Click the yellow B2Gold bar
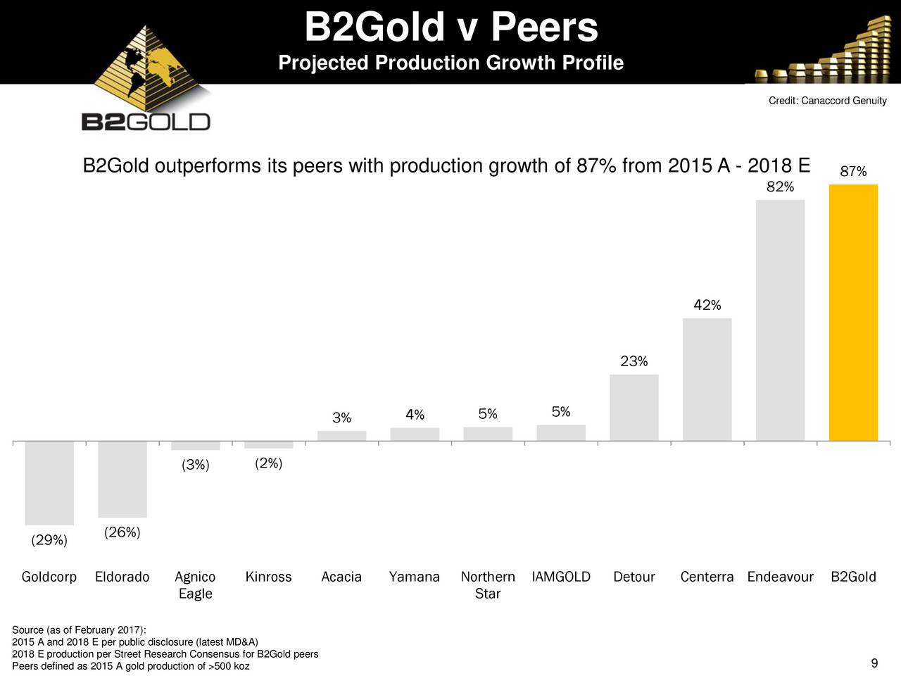[853, 313]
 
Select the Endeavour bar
[780, 320]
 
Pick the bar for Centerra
[707, 380]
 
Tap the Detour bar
[634, 408]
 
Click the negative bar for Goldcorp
[49, 483]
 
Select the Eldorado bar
[122, 480]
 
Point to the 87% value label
[853, 172]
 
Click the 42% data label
[707, 305]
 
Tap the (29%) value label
[49, 540]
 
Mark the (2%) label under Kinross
[268, 463]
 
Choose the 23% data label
[634, 361]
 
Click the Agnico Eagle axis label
[195, 585]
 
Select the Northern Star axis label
[487, 585]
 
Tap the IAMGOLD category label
[561, 577]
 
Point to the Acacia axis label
[341, 577]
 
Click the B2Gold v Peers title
[451, 27]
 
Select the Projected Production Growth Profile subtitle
[451, 63]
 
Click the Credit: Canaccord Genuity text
[827, 101]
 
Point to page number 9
[874, 663]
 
